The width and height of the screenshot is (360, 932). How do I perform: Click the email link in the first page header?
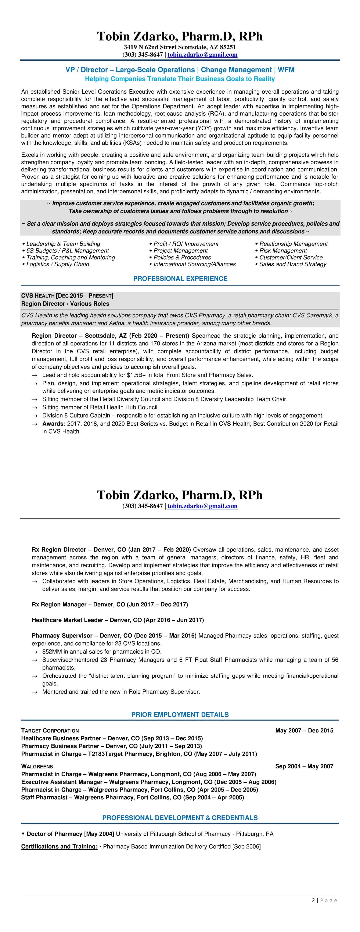click(x=202, y=55)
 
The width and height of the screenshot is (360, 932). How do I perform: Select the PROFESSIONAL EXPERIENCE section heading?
click(x=180, y=279)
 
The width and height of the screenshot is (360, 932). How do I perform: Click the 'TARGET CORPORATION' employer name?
click(x=50, y=731)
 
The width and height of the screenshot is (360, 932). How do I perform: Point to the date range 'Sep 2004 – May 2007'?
click(x=304, y=766)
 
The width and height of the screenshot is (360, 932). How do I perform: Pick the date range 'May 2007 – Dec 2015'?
click(x=304, y=731)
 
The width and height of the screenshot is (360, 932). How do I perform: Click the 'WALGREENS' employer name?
click(x=37, y=766)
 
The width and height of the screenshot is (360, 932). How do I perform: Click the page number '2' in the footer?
click(x=313, y=900)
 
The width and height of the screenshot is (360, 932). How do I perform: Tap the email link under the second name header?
click(x=202, y=506)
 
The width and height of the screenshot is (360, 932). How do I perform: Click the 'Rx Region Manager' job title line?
click(x=110, y=605)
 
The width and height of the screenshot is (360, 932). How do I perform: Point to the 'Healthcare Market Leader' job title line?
click(x=118, y=620)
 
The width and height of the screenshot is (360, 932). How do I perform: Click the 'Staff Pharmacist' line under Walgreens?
click(x=132, y=797)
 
